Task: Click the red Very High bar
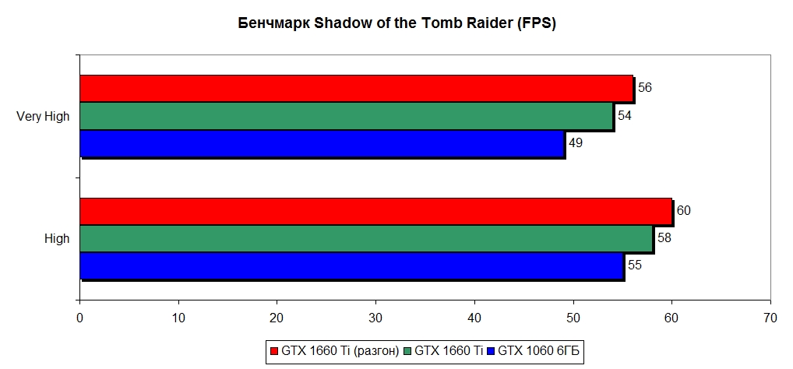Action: coord(357,89)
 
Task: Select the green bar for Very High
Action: coord(347,116)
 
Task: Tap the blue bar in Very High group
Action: coord(322,143)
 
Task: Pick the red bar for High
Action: coord(375,211)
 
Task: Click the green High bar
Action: coord(366,239)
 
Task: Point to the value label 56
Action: coord(644,88)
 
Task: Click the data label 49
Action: coord(576,143)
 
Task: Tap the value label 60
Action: coord(684,211)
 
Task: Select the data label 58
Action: coord(664,238)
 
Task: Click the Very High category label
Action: coord(43,117)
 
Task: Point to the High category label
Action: coord(57,239)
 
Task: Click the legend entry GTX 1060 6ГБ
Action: coord(538,351)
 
